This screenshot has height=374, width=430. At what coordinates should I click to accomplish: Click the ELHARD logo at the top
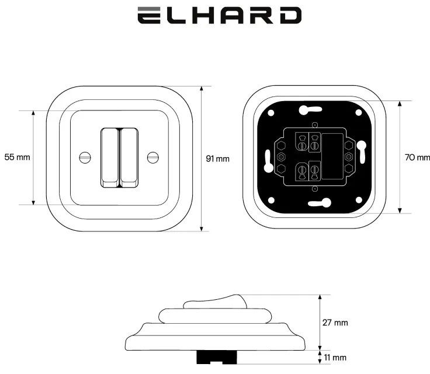pyautogui.click(x=220, y=16)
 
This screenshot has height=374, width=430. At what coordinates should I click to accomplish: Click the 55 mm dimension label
pyautogui.click(x=18, y=157)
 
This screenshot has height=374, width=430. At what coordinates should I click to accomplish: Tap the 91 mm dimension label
pyautogui.click(x=218, y=158)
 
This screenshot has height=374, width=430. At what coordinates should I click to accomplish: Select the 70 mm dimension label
pyautogui.click(x=417, y=157)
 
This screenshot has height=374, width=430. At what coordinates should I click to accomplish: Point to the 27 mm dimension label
pyautogui.click(x=335, y=323)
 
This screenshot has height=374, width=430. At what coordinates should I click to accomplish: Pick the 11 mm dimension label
pyautogui.click(x=335, y=358)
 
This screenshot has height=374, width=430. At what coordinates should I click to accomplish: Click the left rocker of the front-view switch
pyautogui.click(x=110, y=158)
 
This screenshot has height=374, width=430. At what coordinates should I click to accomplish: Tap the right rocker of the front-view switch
pyautogui.click(x=129, y=158)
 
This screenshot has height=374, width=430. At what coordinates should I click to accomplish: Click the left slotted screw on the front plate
pyautogui.click(x=85, y=158)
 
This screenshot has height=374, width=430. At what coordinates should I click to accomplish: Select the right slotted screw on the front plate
pyautogui.click(x=153, y=158)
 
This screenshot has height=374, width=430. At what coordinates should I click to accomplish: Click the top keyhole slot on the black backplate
pyautogui.click(x=310, y=110)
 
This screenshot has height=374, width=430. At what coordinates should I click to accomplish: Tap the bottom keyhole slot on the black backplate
pyautogui.click(x=320, y=203)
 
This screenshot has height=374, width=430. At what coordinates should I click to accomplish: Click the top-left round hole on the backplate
pyautogui.click(x=271, y=113)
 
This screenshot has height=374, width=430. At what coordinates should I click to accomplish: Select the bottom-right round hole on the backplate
pyautogui.click(x=359, y=200)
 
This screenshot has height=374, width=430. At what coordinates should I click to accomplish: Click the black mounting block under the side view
pyautogui.click(x=217, y=357)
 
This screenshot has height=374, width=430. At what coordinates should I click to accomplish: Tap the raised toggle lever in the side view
pyautogui.click(x=216, y=302)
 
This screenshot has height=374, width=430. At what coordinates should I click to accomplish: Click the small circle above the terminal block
pyautogui.click(x=315, y=125)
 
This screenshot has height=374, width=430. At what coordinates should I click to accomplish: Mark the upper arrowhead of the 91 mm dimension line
pyautogui.click(x=202, y=88)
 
